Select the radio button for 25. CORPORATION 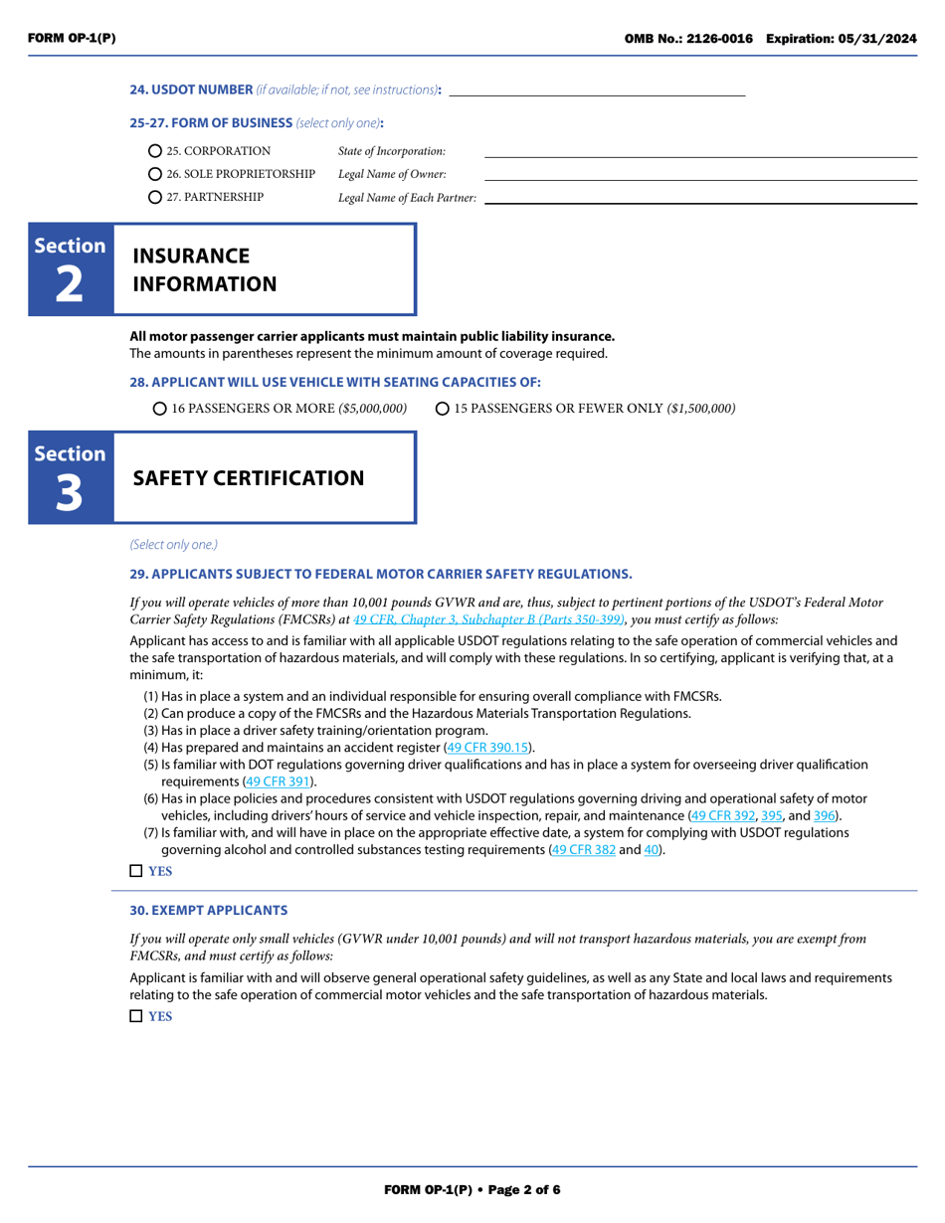pos(155,151)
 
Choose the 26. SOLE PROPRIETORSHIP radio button pos(155,174)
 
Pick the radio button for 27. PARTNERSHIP pos(155,197)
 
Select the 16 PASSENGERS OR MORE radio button pos(160,409)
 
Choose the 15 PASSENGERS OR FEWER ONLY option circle pos(443,409)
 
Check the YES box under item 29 pos(136,871)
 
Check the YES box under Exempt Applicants pos(136,1016)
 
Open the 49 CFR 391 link pos(279,782)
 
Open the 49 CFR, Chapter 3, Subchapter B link pos(488,618)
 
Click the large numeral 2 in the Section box pos(70,285)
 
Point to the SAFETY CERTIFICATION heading pos(249,478)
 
